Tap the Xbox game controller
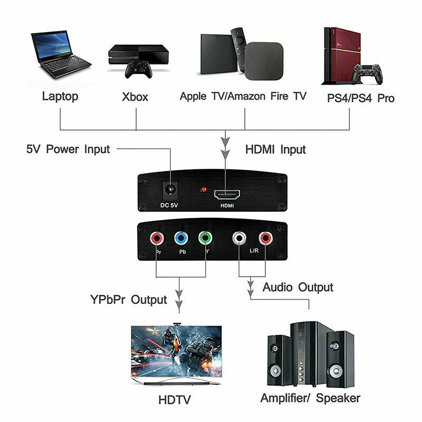click(x=139, y=68)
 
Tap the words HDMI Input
click(x=275, y=149)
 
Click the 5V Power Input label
click(x=68, y=149)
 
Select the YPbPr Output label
click(x=128, y=300)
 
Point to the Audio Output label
click(x=298, y=287)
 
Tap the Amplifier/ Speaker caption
click(x=310, y=398)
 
